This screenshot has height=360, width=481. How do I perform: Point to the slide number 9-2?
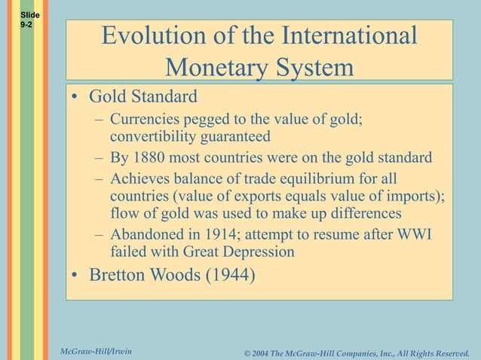(x=26, y=25)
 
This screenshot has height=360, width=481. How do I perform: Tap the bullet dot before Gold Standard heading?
(x=75, y=98)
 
